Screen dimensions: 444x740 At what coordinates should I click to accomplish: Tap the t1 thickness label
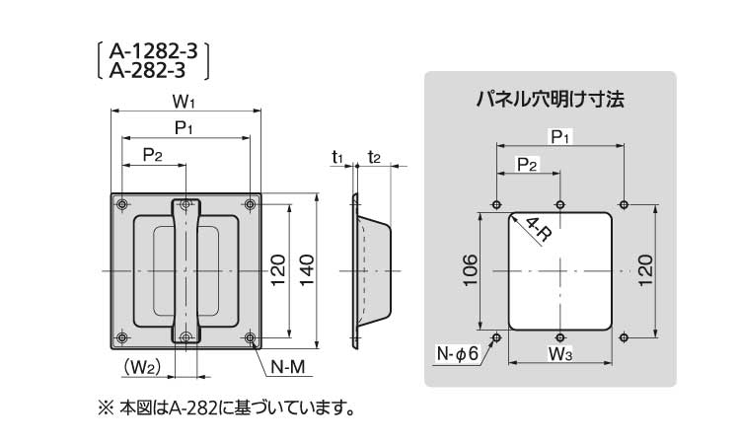point(337,156)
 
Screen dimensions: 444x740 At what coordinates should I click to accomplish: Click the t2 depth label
point(374,156)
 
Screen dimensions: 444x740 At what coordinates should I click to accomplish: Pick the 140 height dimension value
point(306,269)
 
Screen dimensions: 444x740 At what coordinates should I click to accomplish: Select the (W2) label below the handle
point(142,367)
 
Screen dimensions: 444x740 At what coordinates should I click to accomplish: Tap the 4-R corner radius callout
point(538,230)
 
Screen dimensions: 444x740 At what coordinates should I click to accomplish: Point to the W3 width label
point(560,352)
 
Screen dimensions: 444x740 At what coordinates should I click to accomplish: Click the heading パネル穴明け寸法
point(551,100)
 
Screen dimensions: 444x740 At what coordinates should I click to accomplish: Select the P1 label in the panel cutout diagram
point(559,136)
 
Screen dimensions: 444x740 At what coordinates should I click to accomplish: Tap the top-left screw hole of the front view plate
point(121,204)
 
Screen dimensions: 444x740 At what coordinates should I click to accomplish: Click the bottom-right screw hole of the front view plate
point(250,338)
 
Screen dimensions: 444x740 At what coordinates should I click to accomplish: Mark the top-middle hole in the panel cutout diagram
point(559,204)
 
